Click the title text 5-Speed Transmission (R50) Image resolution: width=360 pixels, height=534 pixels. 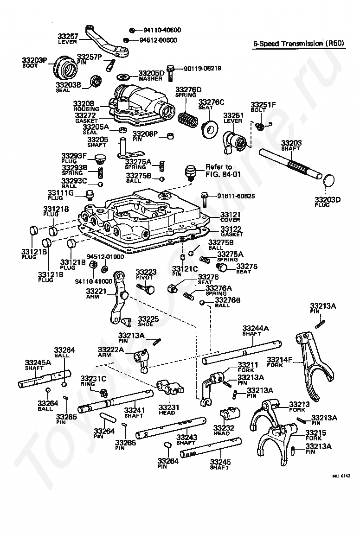pyautogui.click(x=298, y=44)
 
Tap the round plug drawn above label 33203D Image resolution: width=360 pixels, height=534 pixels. pyautogui.click(x=329, y=182)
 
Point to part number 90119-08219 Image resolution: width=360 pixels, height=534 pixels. pyautogui.click(x=202, y=68)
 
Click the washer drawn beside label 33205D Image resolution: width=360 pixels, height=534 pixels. pyautogui.click(x=124, y=75)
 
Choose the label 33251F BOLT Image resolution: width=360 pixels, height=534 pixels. pyautogui.click(x=263, y=107)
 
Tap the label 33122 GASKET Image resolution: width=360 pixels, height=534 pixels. pyautogui.click(x=231, y=232)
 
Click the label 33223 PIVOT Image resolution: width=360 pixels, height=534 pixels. pyautogui.click(x=146, y=274)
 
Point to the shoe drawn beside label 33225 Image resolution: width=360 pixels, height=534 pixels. pyautogui.click(x=126, y=320)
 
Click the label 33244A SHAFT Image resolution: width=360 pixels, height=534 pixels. pyautogui.click(x=255, y=331)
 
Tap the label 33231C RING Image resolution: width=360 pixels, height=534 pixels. pyautogui.click(x=93, y=381)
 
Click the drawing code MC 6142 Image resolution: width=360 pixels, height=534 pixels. pyautogui.click(x=341, y=476)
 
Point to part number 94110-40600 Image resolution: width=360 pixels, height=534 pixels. pyautogui.click(x=161, y=30)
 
